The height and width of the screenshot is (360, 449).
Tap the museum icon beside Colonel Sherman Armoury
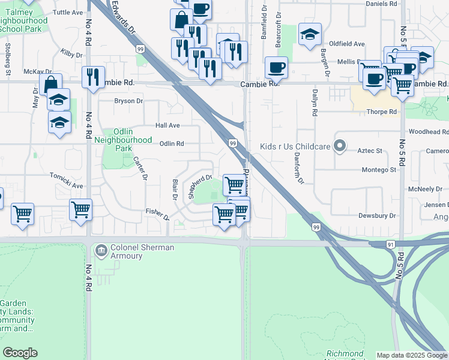101,249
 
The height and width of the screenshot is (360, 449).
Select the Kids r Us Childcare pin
340,146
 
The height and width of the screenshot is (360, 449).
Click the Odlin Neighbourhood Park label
124,140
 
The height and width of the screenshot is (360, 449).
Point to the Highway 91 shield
373,245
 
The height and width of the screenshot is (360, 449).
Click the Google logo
20,353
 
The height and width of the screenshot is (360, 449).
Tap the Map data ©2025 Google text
412,355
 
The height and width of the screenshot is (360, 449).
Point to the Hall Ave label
167,125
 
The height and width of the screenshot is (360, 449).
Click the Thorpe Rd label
382,112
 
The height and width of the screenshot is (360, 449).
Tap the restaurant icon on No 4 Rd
92,77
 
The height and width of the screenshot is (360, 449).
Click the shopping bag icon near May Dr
51,85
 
